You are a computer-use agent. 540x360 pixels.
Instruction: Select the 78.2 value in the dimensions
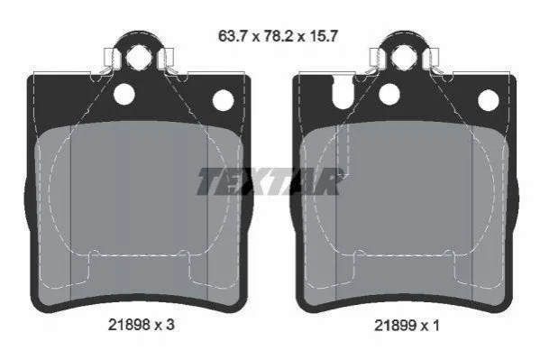point(279,36)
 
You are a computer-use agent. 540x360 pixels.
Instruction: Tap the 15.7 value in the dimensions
point(323,36)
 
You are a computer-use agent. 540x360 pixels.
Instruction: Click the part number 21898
point(129,325)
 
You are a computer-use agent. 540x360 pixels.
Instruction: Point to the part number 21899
point(395,325)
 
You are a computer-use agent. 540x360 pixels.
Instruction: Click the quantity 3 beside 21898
point(170,325)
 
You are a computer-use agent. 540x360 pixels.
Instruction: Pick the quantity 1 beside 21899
point(435,325)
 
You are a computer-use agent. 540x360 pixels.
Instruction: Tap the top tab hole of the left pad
point(137,57)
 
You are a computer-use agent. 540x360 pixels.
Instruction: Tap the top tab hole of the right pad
point(403,57)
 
